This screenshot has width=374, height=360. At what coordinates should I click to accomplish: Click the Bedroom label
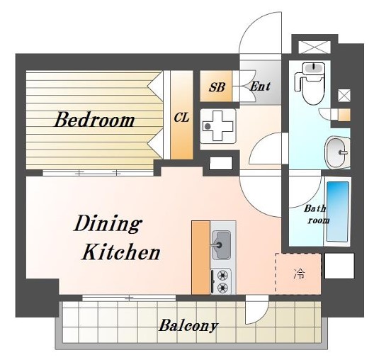[94, 120]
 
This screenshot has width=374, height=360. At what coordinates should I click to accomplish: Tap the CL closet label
[182, 118]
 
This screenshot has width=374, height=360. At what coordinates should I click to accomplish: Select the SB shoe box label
[217, 87]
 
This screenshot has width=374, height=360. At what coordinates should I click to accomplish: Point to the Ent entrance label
[260, 86]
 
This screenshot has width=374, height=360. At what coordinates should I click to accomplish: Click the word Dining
[107, 223]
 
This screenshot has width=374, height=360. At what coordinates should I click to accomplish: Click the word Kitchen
[120, 252]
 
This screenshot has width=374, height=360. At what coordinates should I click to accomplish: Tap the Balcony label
[188, 325]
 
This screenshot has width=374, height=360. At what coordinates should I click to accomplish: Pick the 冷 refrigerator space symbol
[299, 274]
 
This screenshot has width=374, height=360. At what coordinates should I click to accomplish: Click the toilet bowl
[312, 90]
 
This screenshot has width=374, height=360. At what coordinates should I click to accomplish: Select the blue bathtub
[338, 212]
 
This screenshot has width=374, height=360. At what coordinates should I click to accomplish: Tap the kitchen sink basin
[221, 244]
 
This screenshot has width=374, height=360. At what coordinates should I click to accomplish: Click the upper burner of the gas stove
[222, 276]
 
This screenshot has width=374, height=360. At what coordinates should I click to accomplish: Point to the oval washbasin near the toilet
[336, 152]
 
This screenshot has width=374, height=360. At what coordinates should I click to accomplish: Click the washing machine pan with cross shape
[217, 125]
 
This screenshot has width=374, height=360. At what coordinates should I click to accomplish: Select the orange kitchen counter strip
[201, 257]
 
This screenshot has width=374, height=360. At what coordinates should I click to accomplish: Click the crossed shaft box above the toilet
[314, 47]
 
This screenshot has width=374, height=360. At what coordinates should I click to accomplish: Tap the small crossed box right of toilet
[344, 96]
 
